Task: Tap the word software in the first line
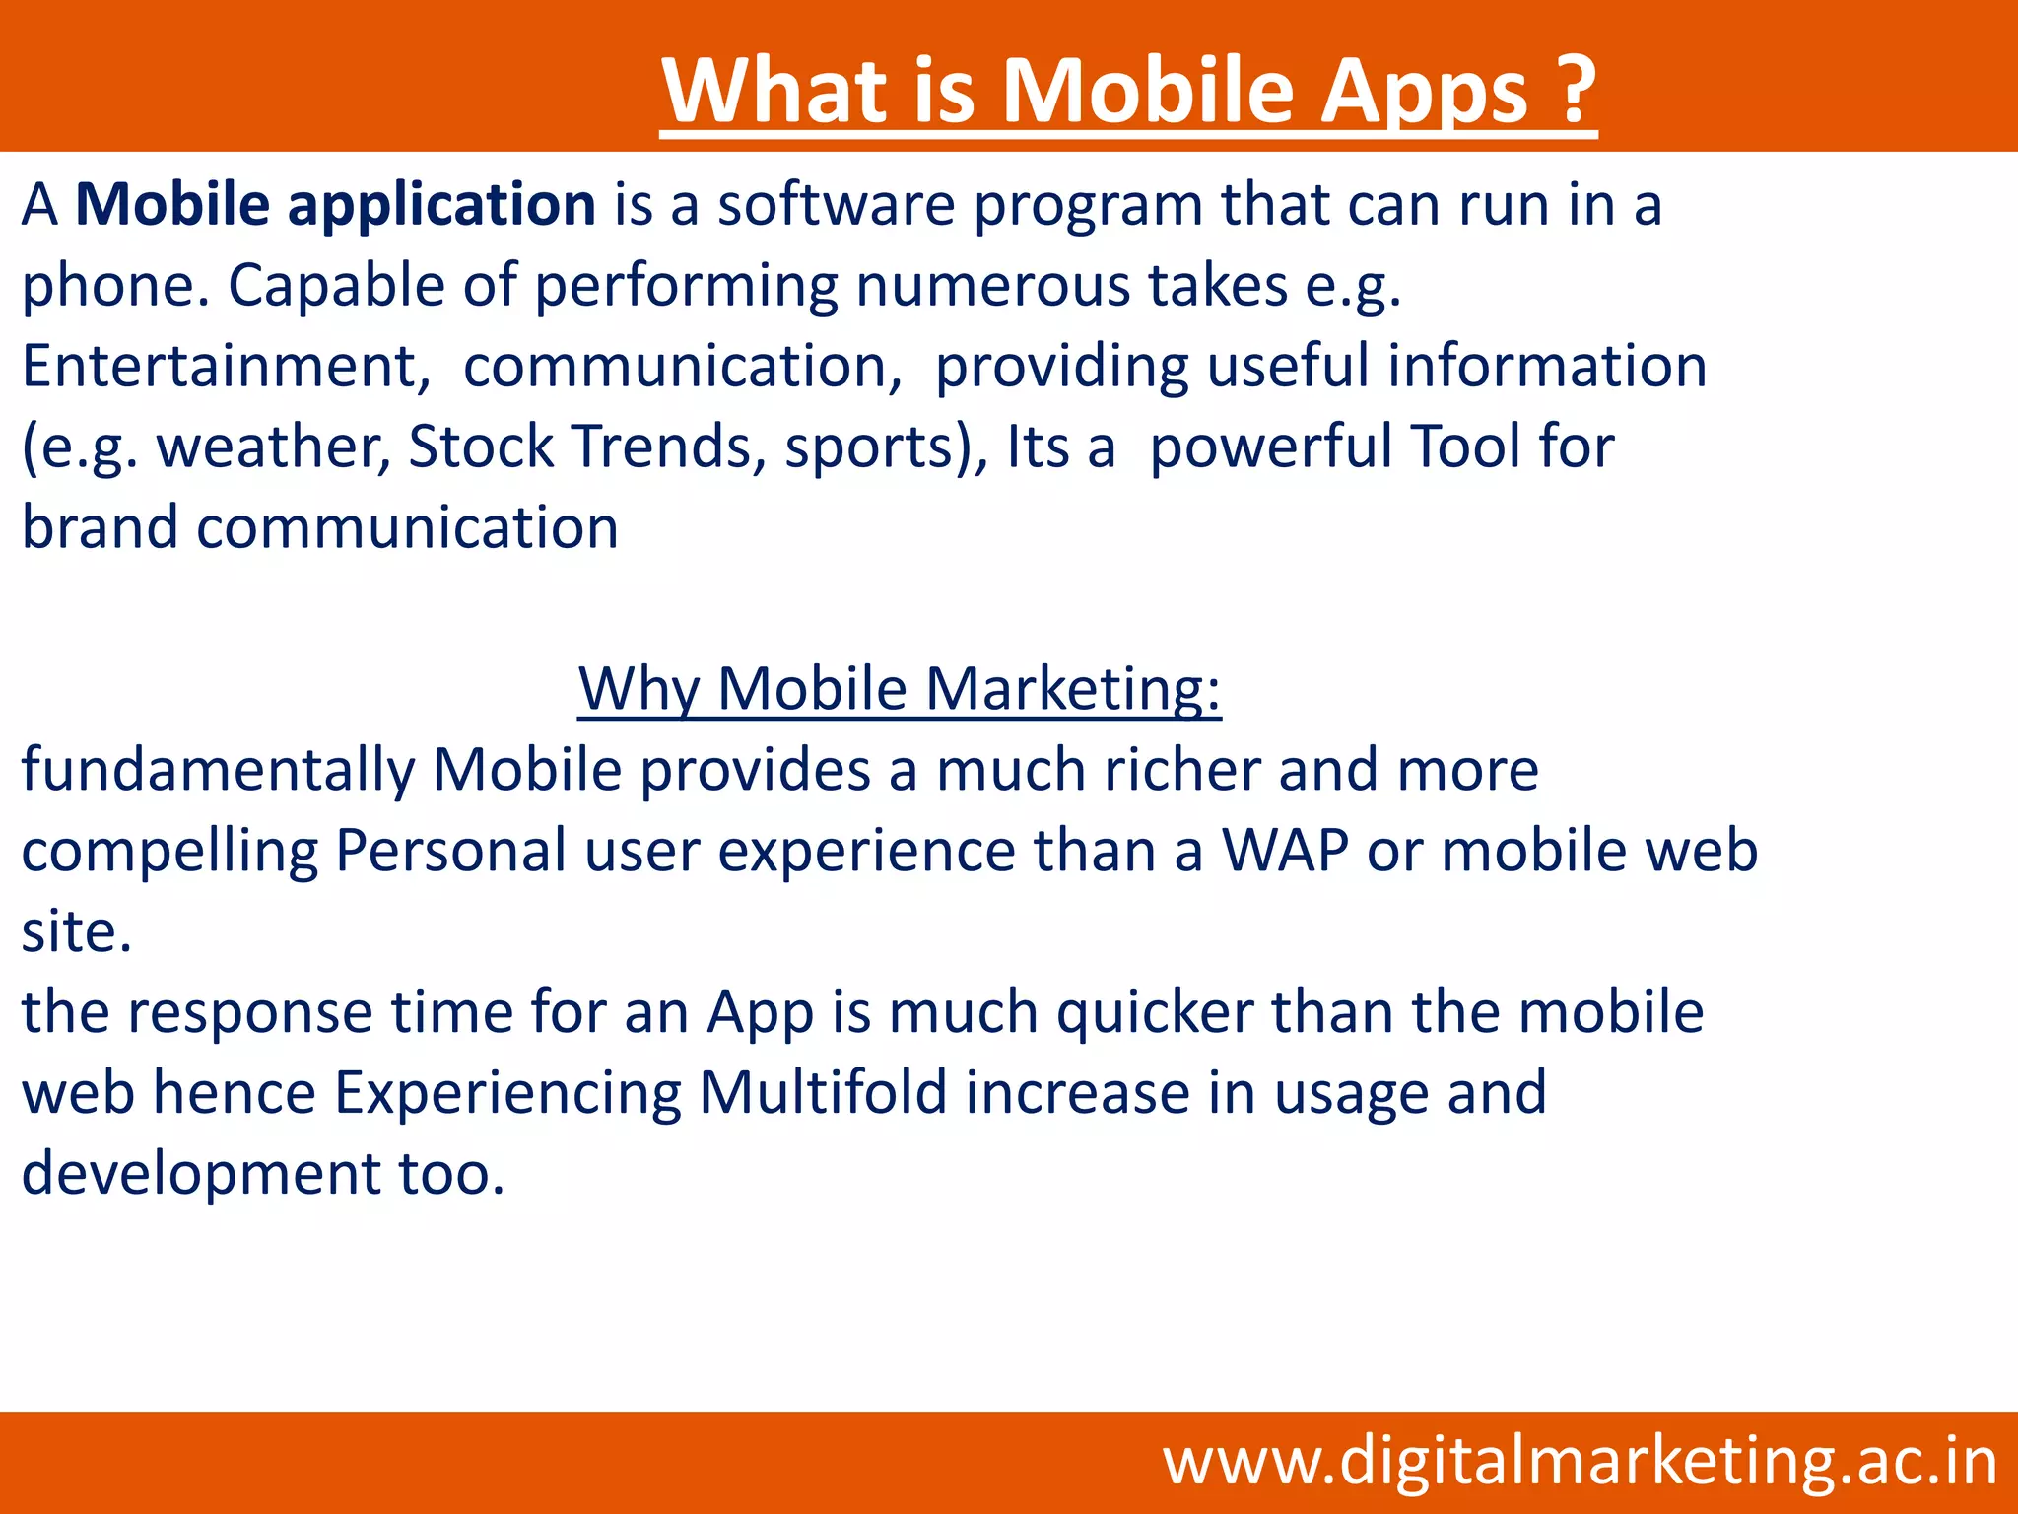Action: (x=836, y=206)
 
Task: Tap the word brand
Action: (x=100, y=527)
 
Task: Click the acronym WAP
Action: (x=1285, y=851)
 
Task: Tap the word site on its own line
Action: (x=76, y=931)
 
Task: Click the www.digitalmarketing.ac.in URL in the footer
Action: (x=1580, y=1462)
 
